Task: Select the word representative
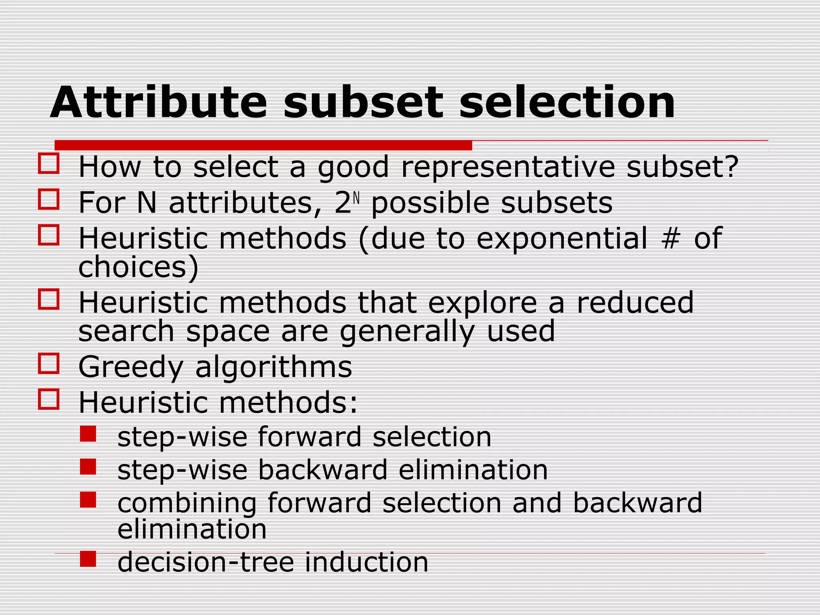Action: (x=508, y=167)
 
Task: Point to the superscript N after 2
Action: (x=357, y=198)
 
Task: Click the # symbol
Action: (x=671, y=239)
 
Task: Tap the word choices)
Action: (x=139, y=267)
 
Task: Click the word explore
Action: (x=482, y=303)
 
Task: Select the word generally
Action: (x=407, y=332)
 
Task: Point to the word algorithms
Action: (x=273, y=368)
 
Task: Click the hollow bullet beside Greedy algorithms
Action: (x=49, y=363)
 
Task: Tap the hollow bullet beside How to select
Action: (x=49, y=163)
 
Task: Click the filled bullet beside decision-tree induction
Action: (x=88, y=559)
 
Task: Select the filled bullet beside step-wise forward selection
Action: (x=88, y=434)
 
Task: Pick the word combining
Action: (x=187, y=504)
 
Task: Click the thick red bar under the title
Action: (x=263, y=145)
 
